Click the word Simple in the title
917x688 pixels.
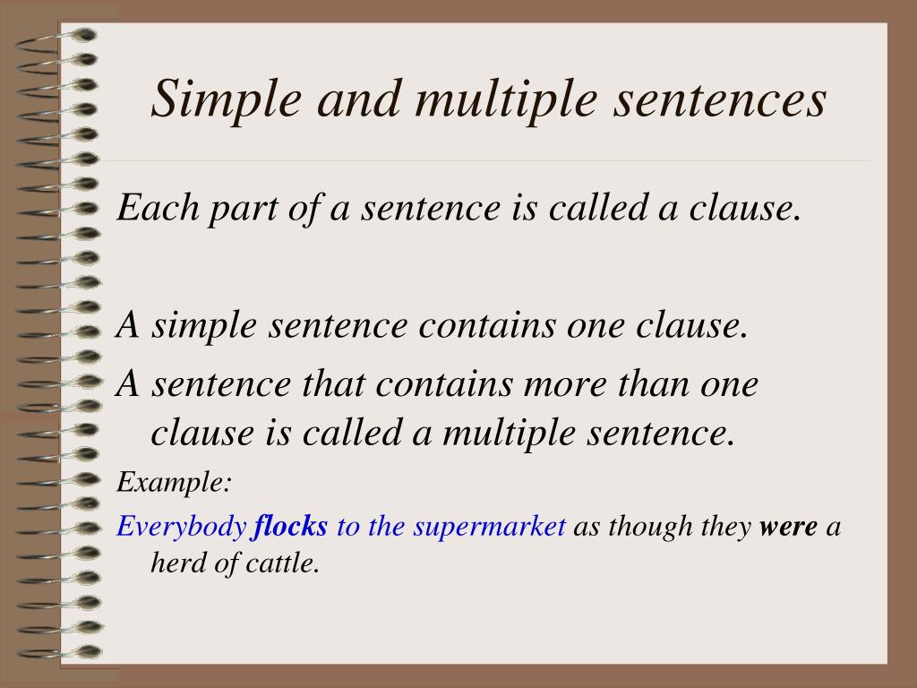pos(227,100)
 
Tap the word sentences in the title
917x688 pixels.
pos(719,99)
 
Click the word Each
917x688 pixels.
pos(158,207)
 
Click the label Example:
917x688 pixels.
pos(175,483)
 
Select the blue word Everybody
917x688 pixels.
pos(181,527)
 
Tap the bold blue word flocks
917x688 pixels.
pos(291,525)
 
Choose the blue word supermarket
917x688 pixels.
pos(490,527)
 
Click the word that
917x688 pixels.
pos(334,383)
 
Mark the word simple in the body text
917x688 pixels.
pos(204,326)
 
